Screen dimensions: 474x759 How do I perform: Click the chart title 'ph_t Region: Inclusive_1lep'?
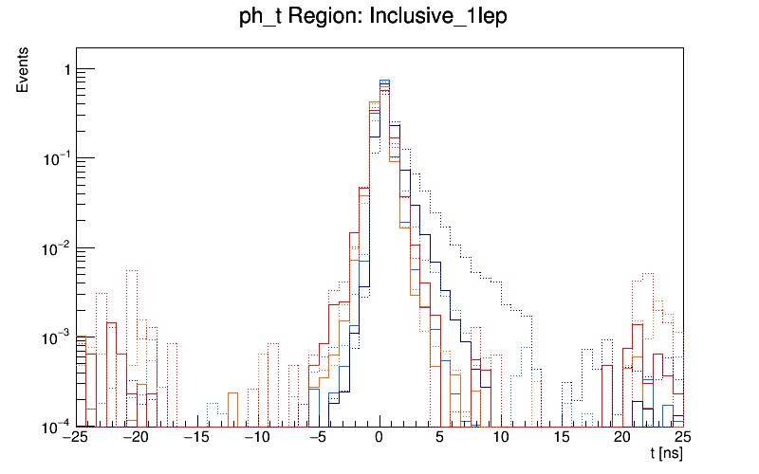point(379,20)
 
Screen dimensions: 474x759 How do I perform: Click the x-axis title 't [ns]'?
point(666,454)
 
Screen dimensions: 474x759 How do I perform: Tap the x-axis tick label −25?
point(73,438)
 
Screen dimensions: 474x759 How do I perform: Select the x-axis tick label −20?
point(136,438)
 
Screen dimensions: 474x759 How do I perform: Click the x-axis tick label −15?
point(196,438)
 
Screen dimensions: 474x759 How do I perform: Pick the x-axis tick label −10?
point(257,438)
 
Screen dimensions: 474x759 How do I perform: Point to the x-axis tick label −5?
point(317,438)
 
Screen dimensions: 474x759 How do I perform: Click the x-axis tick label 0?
point(379,438)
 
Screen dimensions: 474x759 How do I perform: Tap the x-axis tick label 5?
point(440,438)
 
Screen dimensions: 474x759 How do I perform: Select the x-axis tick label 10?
point(501,438)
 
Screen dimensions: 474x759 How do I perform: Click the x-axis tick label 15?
point(562,438)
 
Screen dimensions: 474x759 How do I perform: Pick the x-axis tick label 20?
point(622,438)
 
